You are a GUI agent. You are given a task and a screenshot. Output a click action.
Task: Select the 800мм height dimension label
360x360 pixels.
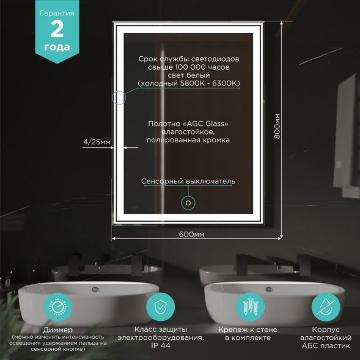(277, 127)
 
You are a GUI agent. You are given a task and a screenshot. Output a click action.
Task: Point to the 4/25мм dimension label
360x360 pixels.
(97, 142)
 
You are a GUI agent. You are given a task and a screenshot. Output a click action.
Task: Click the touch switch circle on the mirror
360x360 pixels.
(188, 203)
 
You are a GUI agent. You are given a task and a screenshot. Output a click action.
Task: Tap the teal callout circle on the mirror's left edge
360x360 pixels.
(118, 97)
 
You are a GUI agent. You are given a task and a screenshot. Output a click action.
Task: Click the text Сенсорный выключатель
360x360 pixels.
(188, 182)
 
